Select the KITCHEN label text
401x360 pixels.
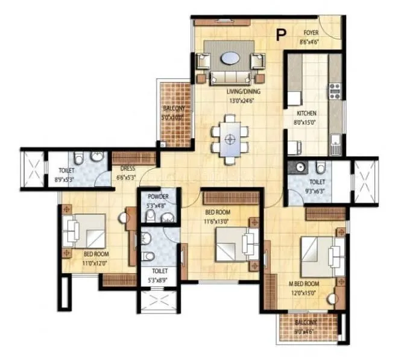point(306,113)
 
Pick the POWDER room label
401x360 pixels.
point(157,197)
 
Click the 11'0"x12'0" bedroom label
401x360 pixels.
point(95,263)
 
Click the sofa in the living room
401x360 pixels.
point(230,77)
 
